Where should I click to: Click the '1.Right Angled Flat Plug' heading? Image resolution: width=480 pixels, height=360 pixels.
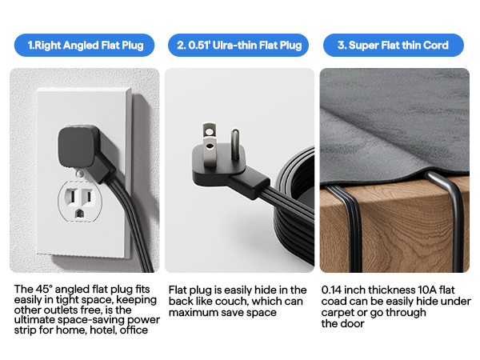[x=84, y=46]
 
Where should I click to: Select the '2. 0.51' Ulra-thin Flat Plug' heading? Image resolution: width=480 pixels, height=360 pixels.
[x=239, y=46]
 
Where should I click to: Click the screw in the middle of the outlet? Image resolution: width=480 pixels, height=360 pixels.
[x=80, y=170]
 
